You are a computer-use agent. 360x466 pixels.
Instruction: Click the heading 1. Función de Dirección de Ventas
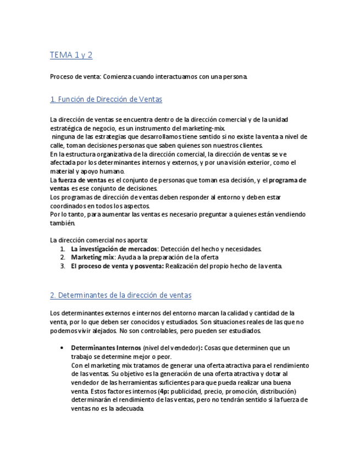106,99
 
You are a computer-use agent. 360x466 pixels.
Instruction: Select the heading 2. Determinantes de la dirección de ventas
120,295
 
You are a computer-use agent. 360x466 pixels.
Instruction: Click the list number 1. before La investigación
63,249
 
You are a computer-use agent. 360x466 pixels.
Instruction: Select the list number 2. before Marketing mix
63,257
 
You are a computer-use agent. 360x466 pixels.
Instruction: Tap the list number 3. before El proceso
63,266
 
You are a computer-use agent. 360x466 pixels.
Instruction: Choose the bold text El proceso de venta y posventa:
117,266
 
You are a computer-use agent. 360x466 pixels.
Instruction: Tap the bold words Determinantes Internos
106,348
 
